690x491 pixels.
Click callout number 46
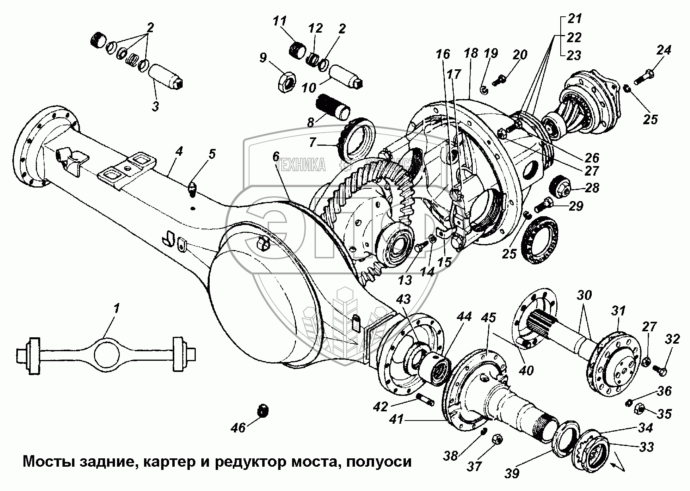click(x=238, y=428)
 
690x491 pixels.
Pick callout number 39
click(x=513, y=473)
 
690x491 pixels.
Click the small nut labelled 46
click(x=263, y=411)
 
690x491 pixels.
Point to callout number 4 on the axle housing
click(x=179, y=151)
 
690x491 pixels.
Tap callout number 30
click(x=585, y=295)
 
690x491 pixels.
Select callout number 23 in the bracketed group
click(x=574, y=55)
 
